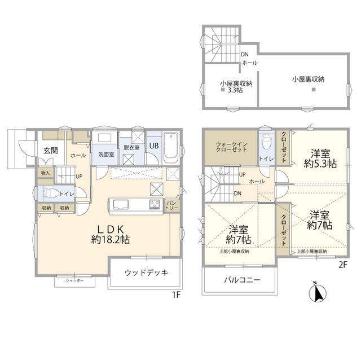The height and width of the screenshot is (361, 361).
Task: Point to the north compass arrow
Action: (316, 293)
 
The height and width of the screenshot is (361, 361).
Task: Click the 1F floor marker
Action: (177, 294)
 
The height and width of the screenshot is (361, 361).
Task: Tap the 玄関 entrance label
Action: (50, 151)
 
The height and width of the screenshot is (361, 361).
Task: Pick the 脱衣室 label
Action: (131, 148)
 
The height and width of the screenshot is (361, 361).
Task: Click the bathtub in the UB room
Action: (171, 147)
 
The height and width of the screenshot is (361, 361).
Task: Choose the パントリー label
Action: (171, 205)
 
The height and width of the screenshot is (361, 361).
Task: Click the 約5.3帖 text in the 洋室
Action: (320, 164)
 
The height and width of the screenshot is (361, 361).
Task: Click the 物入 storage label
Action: (45, 173)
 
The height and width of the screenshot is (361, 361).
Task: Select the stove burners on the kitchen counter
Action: (155, 204)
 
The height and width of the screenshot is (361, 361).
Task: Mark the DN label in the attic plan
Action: (245, 55)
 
